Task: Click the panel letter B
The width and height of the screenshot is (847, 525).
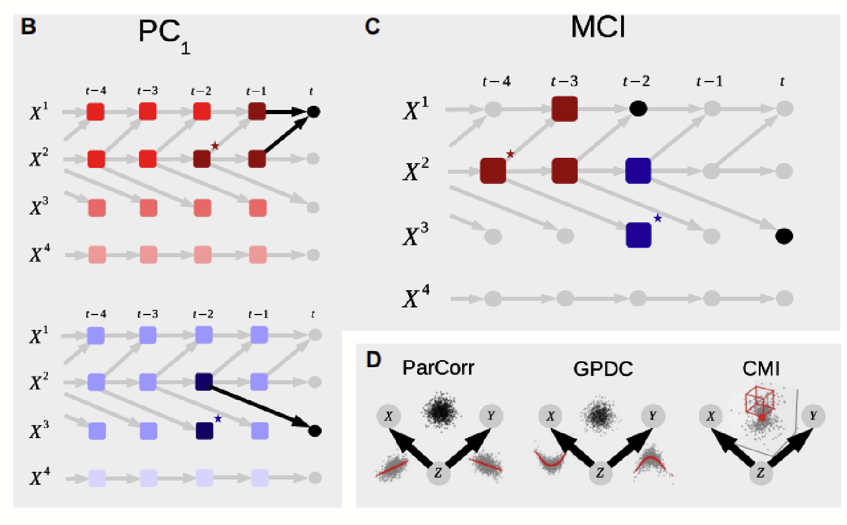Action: click(28, 27)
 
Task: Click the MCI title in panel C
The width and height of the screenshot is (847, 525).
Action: click(598, 27)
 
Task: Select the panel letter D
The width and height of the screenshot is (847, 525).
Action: click(373, 359)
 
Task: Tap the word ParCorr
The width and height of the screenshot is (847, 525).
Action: click(438, 368)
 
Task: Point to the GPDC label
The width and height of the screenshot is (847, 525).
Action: click(603, 369)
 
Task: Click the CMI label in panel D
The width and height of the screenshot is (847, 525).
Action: click(761, 368)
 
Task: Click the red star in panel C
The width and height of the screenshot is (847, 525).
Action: click(510, 154)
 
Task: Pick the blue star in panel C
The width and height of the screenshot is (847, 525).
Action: click(658, 219)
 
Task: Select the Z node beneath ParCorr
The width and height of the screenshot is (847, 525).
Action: click(438, 473)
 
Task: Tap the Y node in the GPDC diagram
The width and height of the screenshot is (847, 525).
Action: click(652, 416)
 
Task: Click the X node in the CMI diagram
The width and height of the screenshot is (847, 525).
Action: click(710, 416)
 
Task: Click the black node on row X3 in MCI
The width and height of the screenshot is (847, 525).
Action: click(784, 236)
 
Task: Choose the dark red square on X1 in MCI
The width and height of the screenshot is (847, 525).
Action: click(564, 109)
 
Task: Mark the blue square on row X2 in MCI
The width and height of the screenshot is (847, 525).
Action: click(638, 171)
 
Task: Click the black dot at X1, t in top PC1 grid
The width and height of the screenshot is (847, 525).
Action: click(314, 112)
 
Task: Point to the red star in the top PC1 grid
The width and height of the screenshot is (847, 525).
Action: click(215, 145)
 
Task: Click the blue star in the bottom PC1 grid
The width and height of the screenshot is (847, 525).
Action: click(218, 419)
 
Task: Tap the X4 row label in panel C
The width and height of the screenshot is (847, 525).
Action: click(416, 297)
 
